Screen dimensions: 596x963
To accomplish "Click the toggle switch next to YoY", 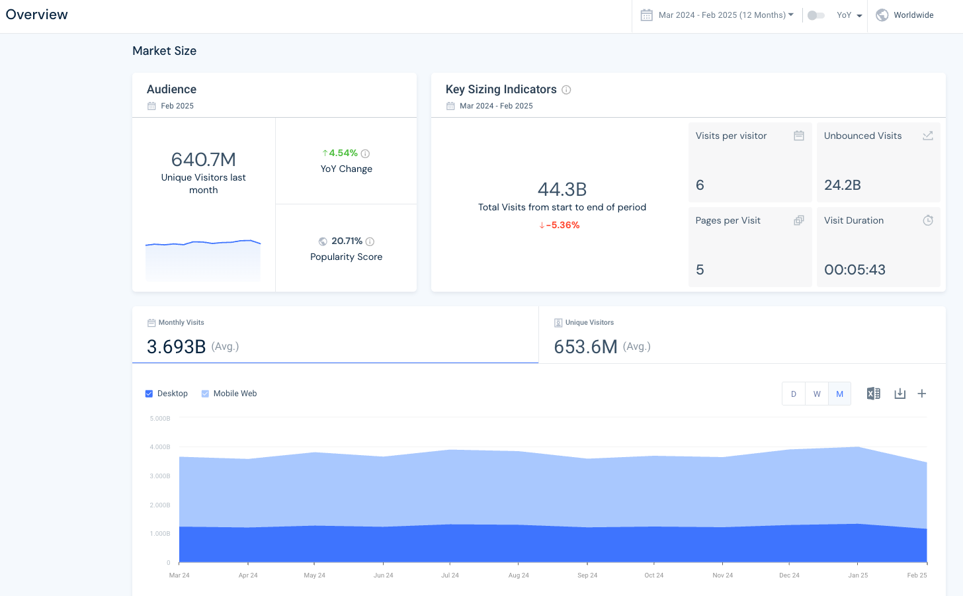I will pyautogui.click(x=816, y=15).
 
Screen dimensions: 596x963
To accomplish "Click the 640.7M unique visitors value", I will pyautogui.click(x=203, y=159).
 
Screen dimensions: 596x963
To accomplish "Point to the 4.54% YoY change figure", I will pyautogui.click(x=343, y=153).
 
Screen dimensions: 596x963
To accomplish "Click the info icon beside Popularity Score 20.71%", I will pyautogui.click(x=370, y=241).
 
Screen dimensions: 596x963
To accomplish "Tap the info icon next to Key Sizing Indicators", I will pyautogui.click(x=566, y=90).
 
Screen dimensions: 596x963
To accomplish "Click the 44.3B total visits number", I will pyautogui.click(x=562, y=189).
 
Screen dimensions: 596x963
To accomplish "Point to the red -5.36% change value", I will pyautogui.click(x=560, y=225).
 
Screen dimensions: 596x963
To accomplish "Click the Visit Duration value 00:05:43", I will pyautogui.click(x=855, y=269).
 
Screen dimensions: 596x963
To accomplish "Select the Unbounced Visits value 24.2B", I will pyautogui.click(x=842, y=185).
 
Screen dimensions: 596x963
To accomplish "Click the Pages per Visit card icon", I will pyautogui.click(x=798, y=220).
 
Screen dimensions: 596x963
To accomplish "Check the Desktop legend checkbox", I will pyautogui.click(x=149, y=394).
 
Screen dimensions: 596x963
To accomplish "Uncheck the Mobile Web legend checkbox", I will pyautogui.click(x=205, y=394).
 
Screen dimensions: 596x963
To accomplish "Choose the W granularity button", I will pyautogui.click(x=817, y=394).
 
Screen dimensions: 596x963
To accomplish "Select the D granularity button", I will pyautogui.click(x=794, y=394).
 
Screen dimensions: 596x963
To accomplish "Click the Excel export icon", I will pyautogui.click(x=873, y=394).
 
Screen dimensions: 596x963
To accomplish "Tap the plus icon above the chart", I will pyautogui.click(x=921, y=394).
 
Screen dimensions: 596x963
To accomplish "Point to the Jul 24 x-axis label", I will pyautogui.click(x=450, y=575).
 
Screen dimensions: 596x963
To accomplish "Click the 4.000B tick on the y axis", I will pyautogui.click(x=160, y=447).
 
